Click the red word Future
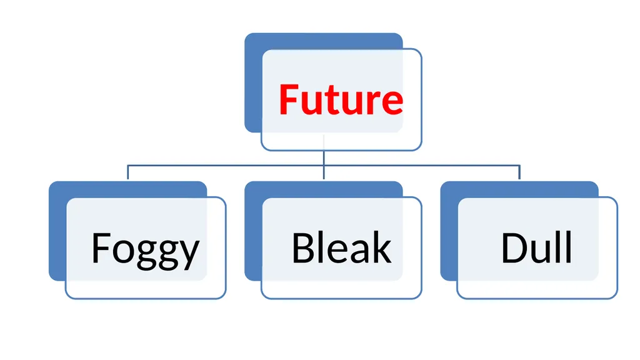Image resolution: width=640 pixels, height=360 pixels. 341,99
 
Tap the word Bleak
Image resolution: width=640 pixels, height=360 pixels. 342,247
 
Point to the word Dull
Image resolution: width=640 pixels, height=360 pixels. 536,247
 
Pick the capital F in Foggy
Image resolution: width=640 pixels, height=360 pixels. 101,247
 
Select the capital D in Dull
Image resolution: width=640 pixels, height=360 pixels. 514,247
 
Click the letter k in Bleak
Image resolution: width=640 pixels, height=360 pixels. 382,247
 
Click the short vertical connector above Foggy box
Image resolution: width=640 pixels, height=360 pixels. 127,172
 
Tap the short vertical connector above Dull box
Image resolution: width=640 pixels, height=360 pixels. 519,172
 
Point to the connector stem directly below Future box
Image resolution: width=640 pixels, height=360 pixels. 324,158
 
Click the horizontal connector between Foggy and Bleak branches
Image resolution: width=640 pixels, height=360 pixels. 226,166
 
